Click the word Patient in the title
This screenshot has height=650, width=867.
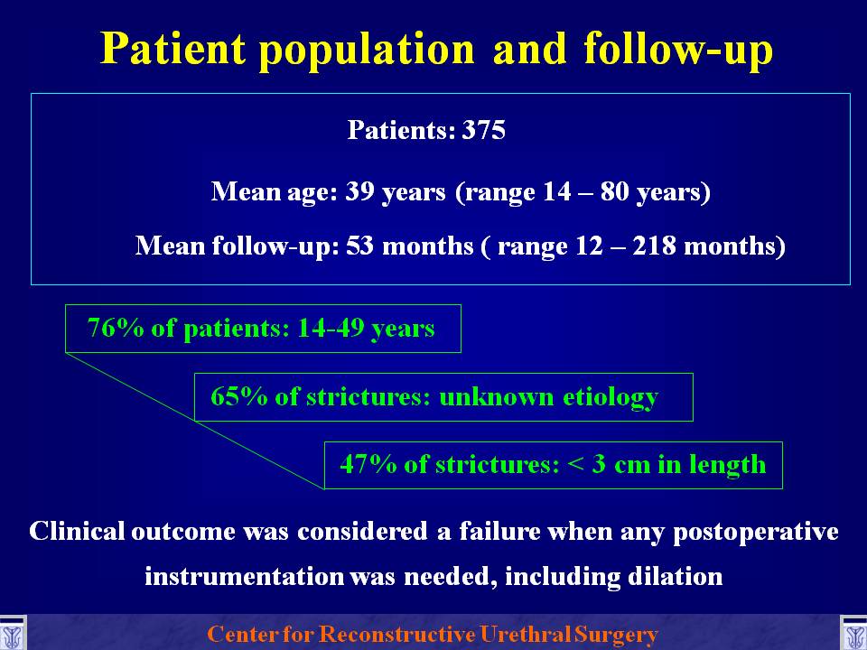coord(172,48)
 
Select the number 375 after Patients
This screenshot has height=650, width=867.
coord(484,130)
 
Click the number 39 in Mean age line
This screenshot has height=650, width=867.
coord(360,191)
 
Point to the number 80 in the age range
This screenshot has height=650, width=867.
coord(615,191)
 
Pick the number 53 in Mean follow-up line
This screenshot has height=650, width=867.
coord(360,246)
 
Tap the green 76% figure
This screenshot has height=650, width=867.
coord(116,328)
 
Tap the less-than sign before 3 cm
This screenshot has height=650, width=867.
coord(575,465)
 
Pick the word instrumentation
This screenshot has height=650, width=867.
coord(244,577)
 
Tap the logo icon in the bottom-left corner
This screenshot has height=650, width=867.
coord(12,634)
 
